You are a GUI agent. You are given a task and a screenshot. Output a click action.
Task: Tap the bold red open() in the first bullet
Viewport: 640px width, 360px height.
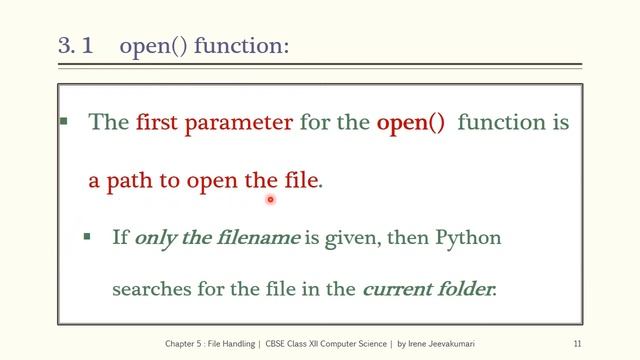pos(410,123)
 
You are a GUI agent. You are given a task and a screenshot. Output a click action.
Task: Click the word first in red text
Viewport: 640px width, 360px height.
pos(159,123)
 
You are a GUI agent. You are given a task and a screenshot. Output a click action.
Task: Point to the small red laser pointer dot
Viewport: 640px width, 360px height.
pos(270,200)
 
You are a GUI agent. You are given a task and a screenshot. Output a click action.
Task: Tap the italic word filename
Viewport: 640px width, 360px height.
pos(257,238)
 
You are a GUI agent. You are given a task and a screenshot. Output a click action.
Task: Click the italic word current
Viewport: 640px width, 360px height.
pos(395,290)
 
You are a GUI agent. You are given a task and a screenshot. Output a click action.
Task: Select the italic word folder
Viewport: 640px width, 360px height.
pos(463,290)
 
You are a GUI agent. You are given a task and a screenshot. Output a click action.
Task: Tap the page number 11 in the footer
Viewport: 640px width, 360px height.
pos(577,344)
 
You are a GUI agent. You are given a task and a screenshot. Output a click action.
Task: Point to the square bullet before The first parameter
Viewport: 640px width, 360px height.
pos(64,122)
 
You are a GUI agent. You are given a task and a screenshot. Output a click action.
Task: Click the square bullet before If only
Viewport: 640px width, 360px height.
pos(88,237)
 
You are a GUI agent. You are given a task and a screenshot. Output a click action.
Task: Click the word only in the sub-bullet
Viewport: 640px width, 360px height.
pos(153,238)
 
